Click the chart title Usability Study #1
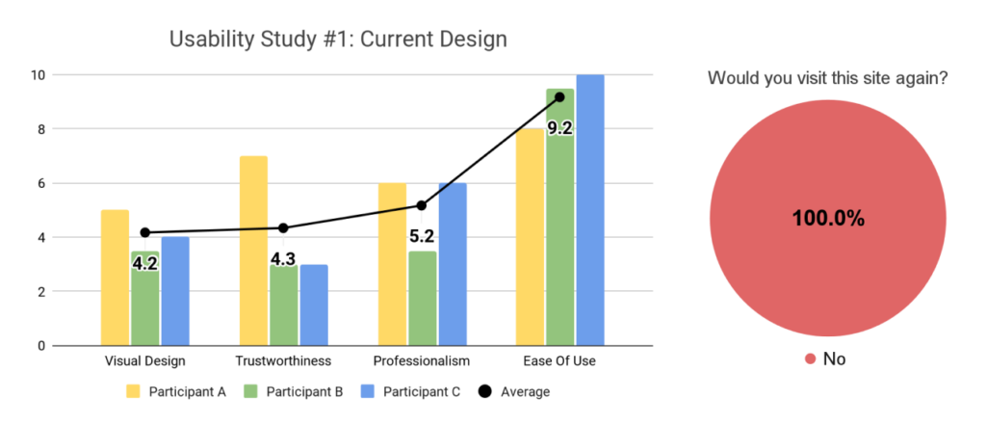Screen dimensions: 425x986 click(338, 40)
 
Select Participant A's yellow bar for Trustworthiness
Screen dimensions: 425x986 click(253, 251)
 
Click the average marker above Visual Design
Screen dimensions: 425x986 click(144, 232)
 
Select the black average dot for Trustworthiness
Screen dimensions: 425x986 click(283, 228)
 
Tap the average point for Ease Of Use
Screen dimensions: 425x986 click(559, 96)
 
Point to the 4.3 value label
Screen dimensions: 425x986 click(284, 258)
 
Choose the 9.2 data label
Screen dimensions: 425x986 click(559, 126)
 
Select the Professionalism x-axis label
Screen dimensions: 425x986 click(421, 361)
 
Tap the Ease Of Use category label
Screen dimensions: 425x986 click(559, 361)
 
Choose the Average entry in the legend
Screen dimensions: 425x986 click(516, 392)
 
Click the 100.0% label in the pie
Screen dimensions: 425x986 click(828, 219)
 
